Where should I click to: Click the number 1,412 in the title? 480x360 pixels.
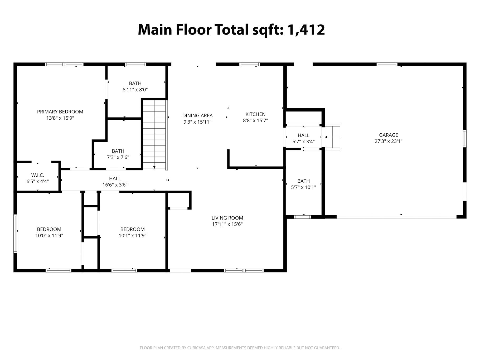coord(306,30)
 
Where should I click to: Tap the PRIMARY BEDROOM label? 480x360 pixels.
coord(60,112)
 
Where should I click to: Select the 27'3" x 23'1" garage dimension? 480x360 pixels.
coord(388,141)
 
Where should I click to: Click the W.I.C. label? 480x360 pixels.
coord(37,175)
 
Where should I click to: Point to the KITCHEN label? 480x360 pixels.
coord(255,114)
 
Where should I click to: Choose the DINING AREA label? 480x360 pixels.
coord(197,115)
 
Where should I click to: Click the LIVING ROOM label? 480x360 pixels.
coord(227,218)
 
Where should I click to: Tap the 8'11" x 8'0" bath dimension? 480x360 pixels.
coord(135,90)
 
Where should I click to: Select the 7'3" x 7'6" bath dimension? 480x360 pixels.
coord(118,157)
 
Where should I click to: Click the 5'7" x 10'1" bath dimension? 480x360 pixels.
coord(303,187)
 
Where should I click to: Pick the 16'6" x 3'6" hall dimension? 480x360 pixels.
coord(115,185)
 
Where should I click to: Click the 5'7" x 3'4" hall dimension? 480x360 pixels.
coord(303,142)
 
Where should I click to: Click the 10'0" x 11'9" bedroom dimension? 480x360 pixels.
coord(49,236)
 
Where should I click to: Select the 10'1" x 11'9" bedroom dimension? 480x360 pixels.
coord(132,236)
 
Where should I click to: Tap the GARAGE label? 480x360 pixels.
coord(388,135)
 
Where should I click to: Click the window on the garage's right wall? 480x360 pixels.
coord(464,139)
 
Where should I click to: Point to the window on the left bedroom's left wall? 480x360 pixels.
coord(15,234)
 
